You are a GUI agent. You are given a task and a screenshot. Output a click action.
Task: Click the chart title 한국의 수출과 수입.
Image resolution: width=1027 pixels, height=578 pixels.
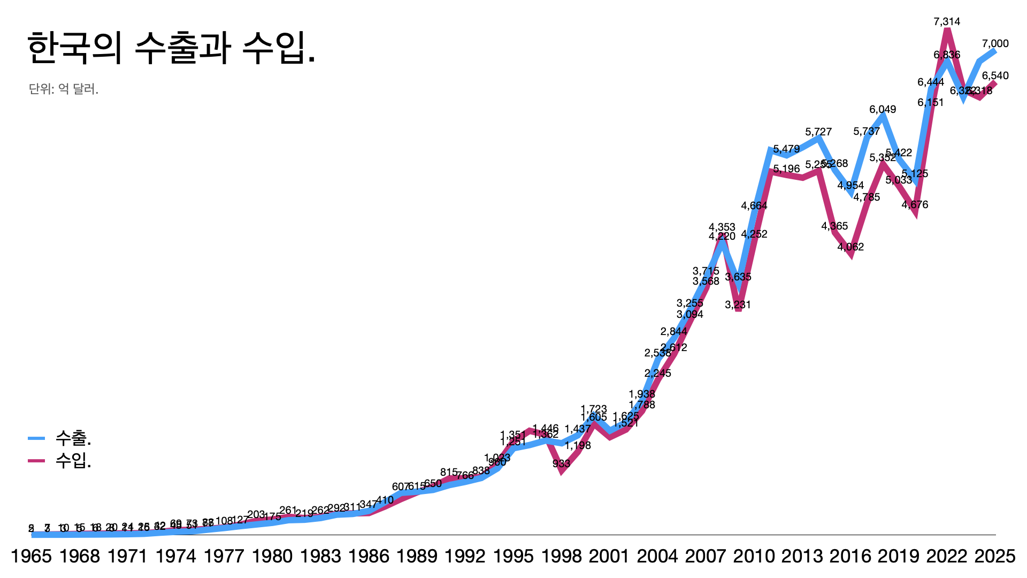[171, 48]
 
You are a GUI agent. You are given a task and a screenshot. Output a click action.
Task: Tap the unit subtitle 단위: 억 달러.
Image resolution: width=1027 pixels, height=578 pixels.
[64, 89]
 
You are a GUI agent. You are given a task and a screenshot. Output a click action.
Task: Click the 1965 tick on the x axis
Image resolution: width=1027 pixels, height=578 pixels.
[32, 557]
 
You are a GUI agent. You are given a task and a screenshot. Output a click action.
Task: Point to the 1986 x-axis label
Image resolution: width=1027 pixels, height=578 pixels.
[369, 557]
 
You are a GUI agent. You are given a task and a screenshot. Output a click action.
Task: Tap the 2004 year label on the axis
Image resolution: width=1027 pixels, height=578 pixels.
[657, 557]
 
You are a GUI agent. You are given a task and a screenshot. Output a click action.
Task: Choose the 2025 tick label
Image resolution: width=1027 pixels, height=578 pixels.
[994, 557]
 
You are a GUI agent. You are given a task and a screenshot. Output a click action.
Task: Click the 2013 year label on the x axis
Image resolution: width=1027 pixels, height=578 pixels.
[802, 557]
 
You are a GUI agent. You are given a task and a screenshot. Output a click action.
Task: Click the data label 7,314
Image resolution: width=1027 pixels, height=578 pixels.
[947, 22]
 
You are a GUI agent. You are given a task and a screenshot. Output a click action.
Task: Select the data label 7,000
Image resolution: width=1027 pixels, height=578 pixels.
[995, 44]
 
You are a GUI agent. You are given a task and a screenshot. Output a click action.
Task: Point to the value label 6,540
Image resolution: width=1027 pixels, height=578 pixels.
[995, 76]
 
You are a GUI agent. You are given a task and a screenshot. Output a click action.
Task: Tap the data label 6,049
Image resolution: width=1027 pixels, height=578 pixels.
[883, 110]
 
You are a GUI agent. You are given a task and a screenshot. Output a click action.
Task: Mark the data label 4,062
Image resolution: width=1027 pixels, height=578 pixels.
[850, 247]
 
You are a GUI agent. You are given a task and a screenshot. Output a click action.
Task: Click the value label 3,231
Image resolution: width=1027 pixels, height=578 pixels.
[738, 305]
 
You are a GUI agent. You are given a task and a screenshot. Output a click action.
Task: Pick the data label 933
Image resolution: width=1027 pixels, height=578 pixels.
[561, 464]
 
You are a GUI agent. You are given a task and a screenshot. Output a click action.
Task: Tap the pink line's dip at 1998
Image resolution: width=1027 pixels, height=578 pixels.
[562, 471]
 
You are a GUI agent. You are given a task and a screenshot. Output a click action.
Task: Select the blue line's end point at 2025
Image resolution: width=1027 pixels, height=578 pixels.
[995, 50]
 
